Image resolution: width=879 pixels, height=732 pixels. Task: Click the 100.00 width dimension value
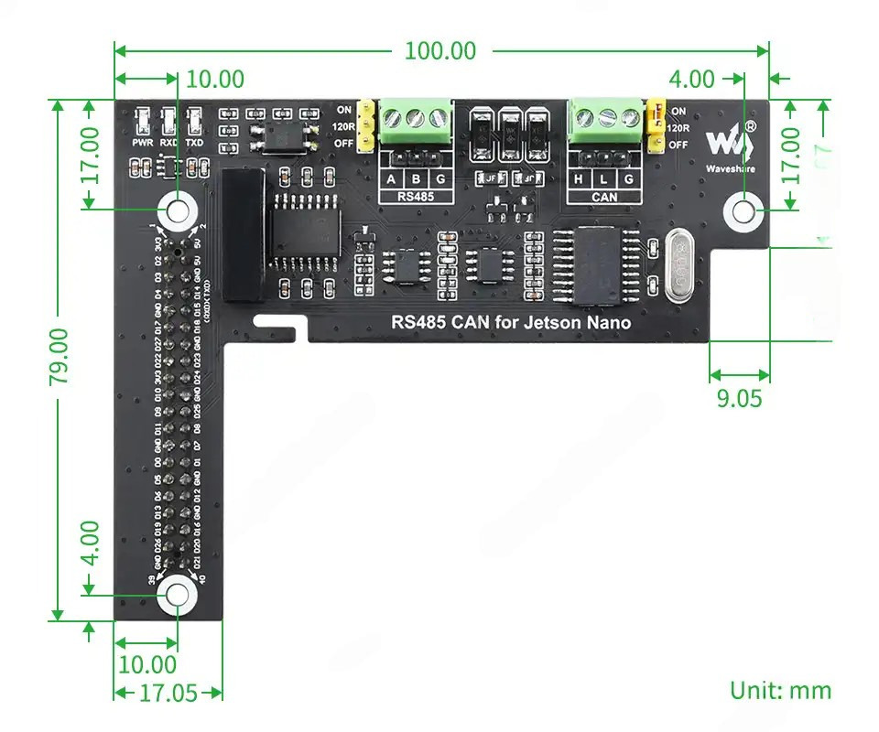pos(440,51)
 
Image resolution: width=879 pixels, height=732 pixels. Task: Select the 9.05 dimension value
pos(739,399)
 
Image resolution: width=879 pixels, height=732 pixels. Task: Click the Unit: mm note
pos(780,690)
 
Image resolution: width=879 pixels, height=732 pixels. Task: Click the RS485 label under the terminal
pos(417,197)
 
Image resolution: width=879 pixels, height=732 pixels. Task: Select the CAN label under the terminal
pos(604,197)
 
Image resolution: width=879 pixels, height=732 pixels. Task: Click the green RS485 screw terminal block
pos(417,118)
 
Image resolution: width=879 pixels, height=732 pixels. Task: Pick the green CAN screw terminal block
pos(604,118)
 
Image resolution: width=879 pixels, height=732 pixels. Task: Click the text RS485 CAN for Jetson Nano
pos(511,322)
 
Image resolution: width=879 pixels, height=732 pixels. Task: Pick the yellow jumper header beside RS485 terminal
pos(365,125)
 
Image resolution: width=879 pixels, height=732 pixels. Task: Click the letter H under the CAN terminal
pos(578,180)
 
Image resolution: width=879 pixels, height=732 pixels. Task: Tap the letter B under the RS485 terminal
pos(417,180)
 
